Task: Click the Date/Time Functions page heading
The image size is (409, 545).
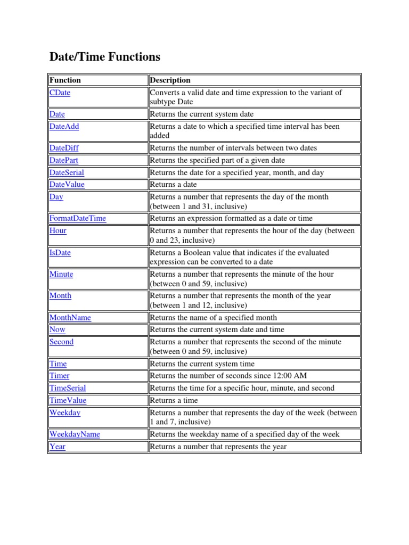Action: [105, 57]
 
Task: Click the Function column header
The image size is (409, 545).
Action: [65, 80]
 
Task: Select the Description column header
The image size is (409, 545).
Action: [170, 80]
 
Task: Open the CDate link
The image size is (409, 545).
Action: [60, 93]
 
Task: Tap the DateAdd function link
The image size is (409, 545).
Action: [64, 127]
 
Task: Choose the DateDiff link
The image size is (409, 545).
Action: [64, 148]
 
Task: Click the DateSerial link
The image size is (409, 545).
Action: [67, 172]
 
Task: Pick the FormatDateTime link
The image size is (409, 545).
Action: [77, 218]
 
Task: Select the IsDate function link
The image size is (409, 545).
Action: [60, 253]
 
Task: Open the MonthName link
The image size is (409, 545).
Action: [70, 318]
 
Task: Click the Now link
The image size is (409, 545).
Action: [57, 329]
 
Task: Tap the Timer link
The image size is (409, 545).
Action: [59, 376]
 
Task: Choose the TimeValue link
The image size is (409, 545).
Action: [68, 400]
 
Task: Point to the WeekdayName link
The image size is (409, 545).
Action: [75, 434]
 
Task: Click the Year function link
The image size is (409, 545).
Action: [58, 447]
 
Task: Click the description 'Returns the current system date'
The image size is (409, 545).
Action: [201, 114]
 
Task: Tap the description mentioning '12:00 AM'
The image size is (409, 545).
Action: [228, 376]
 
